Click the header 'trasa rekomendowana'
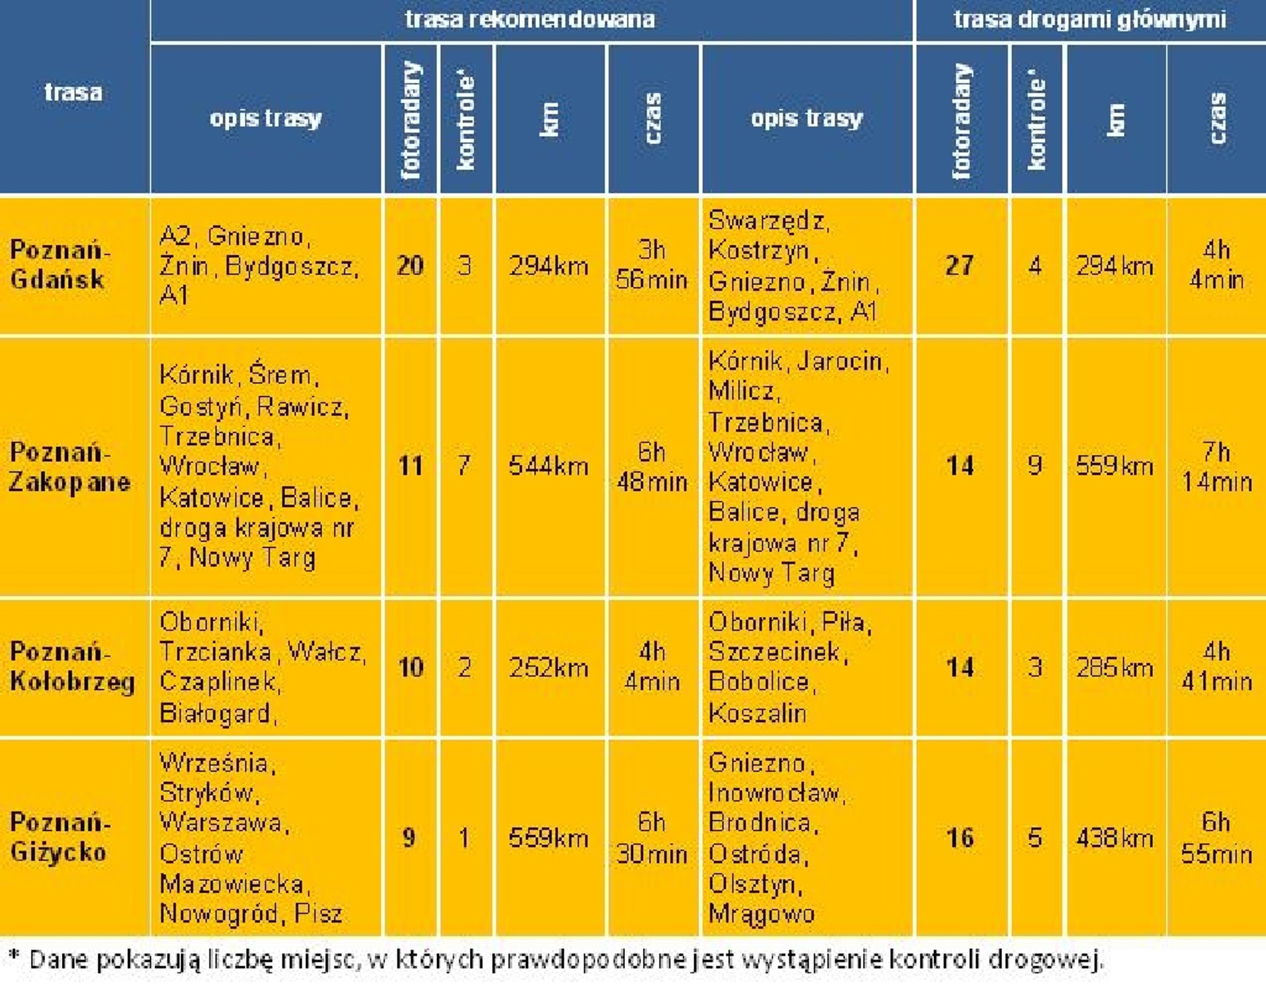pyautogui.click(x=530, y=19)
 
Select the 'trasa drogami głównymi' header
pyautogui.click(x=1090, y=19)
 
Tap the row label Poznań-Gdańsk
pyautogui.click(x=60, y=265)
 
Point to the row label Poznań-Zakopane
pyautogui.click(x=69, y=466)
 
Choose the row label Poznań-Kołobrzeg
pyautogui.click(x=72, y=667)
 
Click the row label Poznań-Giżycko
pyautogui.click(x=60, y=837)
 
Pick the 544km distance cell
pyautogui.click(x=549, y=466)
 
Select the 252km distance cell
pyautogui.click(x=549, y=667)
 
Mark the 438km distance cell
pyautogui.click(x=1114, y=838)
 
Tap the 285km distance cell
pyautogui.click(x=1114, y=667)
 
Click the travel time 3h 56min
pyautogui.click(x=652, y=265)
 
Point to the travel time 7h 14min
pyautogui.click(x=1217, y=466)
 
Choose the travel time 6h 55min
pyautogui.click(x=1217, y=838)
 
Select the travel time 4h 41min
pyautogui.click(x=1217, y=667)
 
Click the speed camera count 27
pyautogui.click(x=960, y=265)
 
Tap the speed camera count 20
pyautogui.click(x=410, y=265)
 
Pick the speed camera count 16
pyautogui.click(x=960, y=838)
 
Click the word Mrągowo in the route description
pyautogui.click(x=761, y=914)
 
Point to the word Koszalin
pyautogui.click(x=758, y=713)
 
